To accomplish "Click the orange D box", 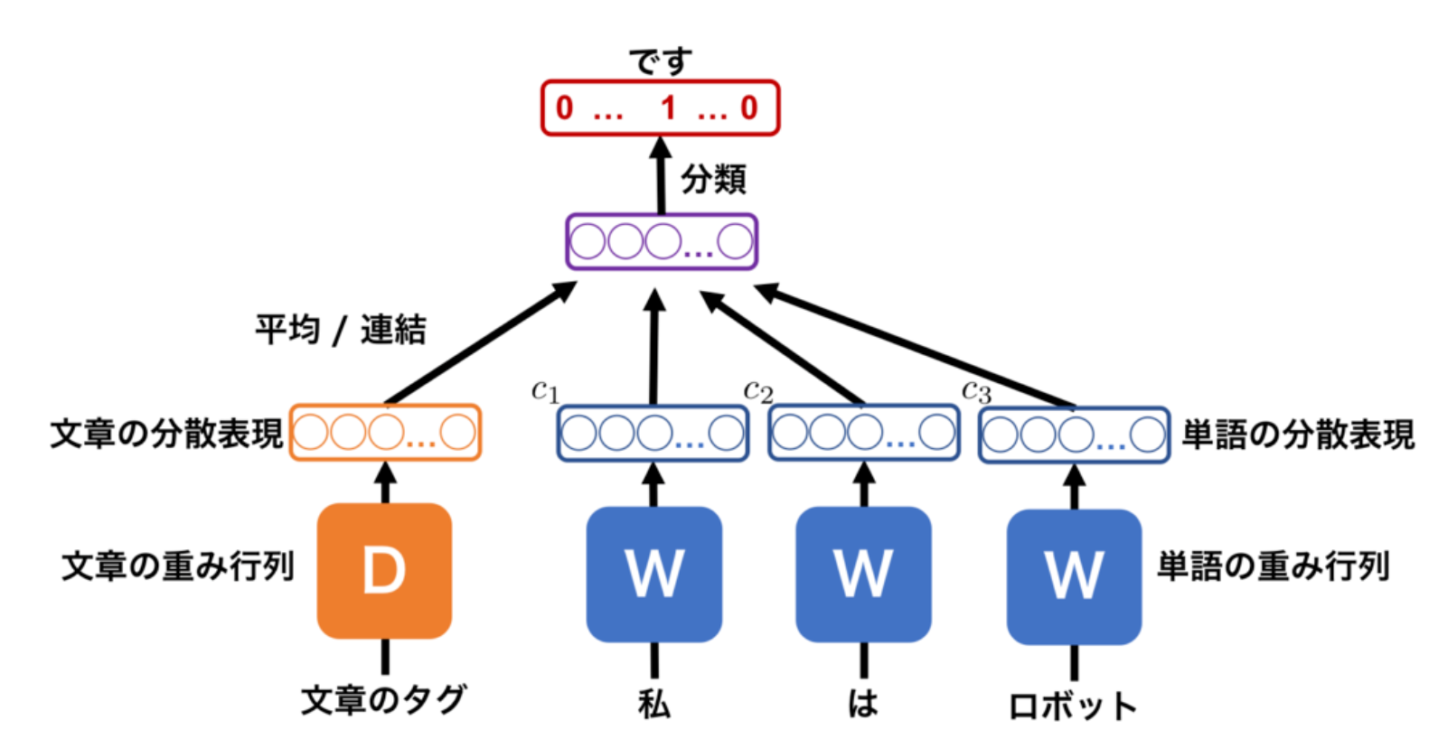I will click(x=384, y=571).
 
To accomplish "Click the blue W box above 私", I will click(x=653, y=574).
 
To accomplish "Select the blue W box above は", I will click(x=863, y=574).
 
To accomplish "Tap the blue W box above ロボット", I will click(x=1074, y=576).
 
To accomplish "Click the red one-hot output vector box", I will click(x=660, y=108).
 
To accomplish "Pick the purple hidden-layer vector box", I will click(x=661, y=241).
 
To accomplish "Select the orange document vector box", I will click(x=385, y=433).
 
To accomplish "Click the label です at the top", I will click(x=661, y=61).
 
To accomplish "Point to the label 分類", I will click(x=713, y=179).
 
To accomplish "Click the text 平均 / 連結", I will click(x=340, y=330).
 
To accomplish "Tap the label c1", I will click(x=545, y=390).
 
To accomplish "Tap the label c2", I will click(x=757, y=390).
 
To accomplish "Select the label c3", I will click(x=976, y=391).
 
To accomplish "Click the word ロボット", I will click(x=1073, y=706).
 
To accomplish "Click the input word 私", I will click(x=653, y=703).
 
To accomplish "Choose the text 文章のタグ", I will click(x=383, y=699).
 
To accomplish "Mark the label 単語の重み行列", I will click(x=1273, y=566).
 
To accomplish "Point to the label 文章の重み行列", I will click(x=178, y=566).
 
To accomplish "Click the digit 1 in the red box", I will click(x=668, y=108).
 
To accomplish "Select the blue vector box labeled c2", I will click(x=863, y=434).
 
